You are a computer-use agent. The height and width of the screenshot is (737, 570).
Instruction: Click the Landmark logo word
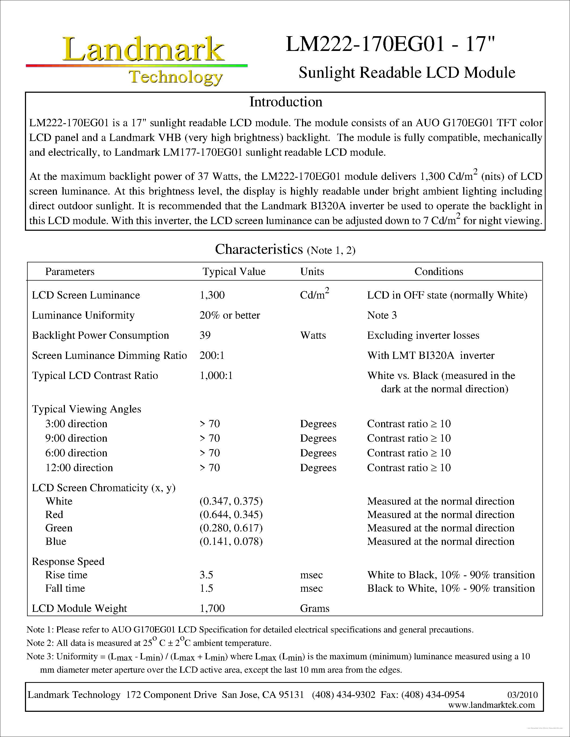(x=143, y=50)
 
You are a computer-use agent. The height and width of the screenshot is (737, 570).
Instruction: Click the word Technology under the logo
(x=176, y=77)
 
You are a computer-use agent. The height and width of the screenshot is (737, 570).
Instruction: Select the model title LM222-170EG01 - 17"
(x=390, y=44)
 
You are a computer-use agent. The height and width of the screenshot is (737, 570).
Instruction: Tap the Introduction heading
(x=286, y=102)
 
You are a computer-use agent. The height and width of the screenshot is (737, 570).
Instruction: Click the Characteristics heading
(x=259, y=250)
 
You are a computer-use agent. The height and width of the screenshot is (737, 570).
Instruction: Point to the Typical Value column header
(x=234, y=272)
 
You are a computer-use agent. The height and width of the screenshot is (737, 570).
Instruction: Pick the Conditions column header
(x=439, y=272)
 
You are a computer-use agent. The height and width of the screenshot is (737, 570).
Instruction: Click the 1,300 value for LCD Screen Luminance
(x=212, y=295)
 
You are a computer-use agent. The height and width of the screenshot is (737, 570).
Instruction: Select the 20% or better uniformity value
(x=230, y=315)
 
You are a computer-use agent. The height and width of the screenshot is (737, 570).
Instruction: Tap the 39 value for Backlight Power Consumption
(x=205, y=336)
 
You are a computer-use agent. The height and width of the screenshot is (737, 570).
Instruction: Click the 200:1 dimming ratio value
(x=212, y=355)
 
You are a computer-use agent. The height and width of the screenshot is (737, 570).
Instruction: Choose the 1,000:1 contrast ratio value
(x=216, y=375)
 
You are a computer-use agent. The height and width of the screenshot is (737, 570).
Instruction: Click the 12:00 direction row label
(x=79, y=468)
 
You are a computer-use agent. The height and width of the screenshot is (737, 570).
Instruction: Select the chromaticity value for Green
(x=231, y=528)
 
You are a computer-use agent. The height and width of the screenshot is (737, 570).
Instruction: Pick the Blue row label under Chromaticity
(x=56, y=542)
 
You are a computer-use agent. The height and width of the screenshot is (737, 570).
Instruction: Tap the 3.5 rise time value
(x=206, y=575)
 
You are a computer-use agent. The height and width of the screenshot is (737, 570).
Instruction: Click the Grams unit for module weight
(x=314, y=608)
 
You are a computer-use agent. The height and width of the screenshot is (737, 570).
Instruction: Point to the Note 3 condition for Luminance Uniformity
(x=382, y=315)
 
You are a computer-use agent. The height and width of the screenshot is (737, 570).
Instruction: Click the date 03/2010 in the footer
(x=522, y=695)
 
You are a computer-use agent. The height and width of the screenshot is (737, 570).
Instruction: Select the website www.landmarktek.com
(x=491, y=705)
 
